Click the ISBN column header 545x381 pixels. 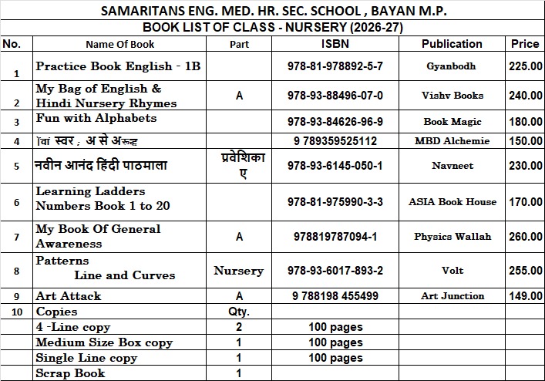point(335,44)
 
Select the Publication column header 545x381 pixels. point(452,44)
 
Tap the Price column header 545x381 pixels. point(525,44)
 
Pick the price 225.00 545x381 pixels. point(525,66)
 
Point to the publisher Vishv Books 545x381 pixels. point(452,96)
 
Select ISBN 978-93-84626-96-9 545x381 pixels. point(335,122)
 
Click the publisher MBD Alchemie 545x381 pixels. point(452,141)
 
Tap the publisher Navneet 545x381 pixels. point(452,166)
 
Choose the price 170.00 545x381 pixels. point(525,202)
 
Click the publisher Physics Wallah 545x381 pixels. point(452,236)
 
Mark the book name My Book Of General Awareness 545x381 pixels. point(98,236)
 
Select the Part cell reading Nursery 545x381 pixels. point(239,271)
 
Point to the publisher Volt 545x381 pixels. point(452,271)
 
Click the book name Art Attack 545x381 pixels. point(69,296)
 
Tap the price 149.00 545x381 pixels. point(525,296)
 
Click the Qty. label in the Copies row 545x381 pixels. point(239,312)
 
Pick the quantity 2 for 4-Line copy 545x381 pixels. point(239,328)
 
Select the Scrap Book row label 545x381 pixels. point(70,373)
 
